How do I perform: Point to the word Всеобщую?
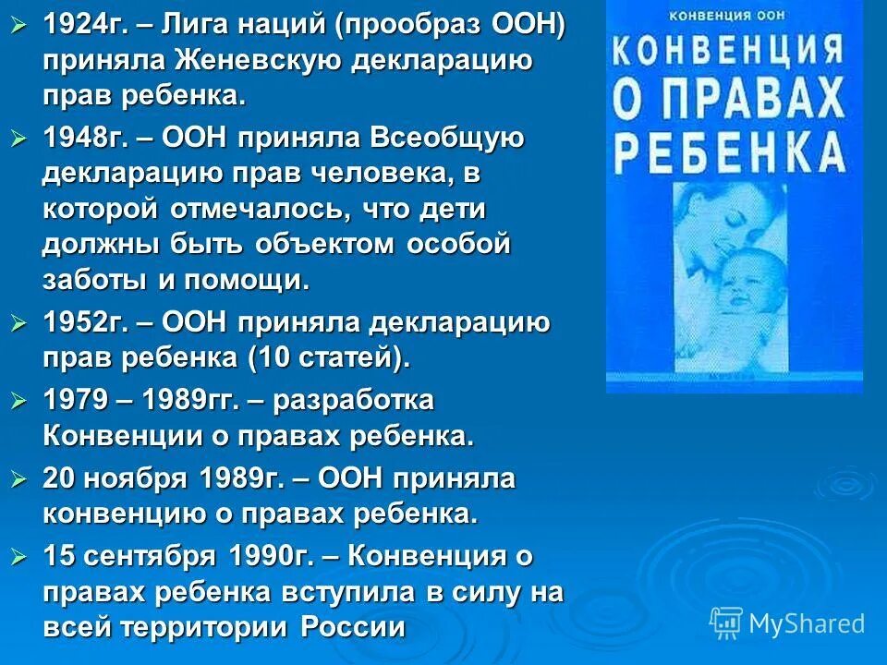(448, 139)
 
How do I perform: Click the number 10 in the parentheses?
(277, 358)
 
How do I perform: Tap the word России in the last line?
(354, 627)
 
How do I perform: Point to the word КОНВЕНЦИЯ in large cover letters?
(733, 49)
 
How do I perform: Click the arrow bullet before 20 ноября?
(20, 480)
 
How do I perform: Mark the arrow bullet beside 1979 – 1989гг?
(20, 403)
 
